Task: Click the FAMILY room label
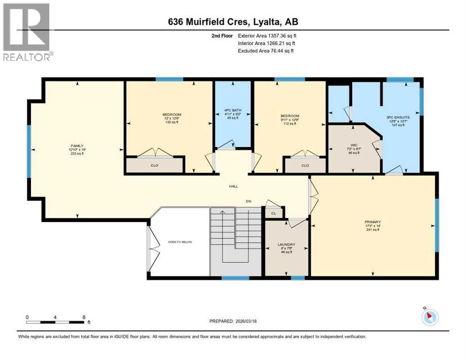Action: coord(77,146)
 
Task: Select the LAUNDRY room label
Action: coord(286,245)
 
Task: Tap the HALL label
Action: coord(233,186)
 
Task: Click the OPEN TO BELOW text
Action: coord(180,242)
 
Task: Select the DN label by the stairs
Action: coord(249,202)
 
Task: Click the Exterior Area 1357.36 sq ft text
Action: coord(265,35)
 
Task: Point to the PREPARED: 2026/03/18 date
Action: coord(233,321)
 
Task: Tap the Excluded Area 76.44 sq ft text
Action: coord(265,51)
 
